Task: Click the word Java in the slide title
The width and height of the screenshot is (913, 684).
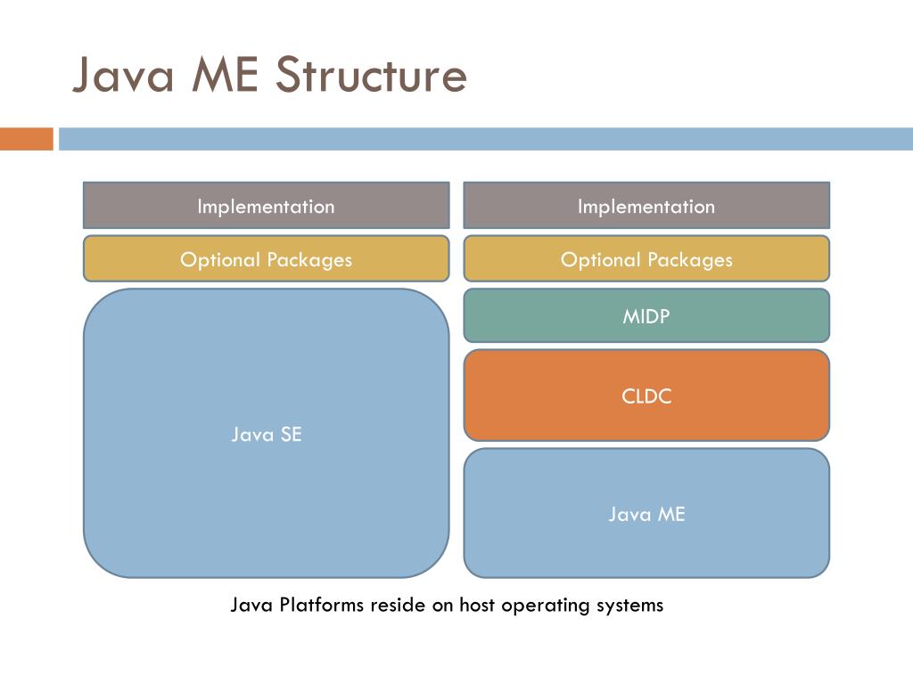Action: pyautogui.click(x=122, y=75)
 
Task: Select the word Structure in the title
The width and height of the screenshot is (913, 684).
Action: pyautogui.click(x=370, y=75)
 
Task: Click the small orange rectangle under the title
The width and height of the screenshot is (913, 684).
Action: pyautogui.click(x=27, y=139)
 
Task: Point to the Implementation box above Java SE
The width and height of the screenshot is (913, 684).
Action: pyautogui.click(x=266, y=206)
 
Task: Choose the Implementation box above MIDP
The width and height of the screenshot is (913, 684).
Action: pyautogui.click(x=646, y=206)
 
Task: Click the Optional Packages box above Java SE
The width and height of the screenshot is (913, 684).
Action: pyautogui.click(x=266, y=259)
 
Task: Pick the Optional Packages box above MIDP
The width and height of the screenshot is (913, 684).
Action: pyautogui.click(x=646, y=259)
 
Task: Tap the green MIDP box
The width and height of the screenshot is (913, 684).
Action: pyautogui.click(x=646, y=315)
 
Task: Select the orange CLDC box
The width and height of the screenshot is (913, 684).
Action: pyautogui.click(x=646, y=395)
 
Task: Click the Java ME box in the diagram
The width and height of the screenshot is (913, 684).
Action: pyautogui.click(x=646, y=513)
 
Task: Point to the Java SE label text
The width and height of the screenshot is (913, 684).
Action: pyautogui.click(x=266, y=435)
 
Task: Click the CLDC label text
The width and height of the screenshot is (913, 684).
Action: pyautogui.click(x=646, y=395)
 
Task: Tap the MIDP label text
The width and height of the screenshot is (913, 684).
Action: pyautogui.click(x=646, y=315)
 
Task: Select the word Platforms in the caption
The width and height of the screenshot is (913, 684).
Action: pyautogui.click(x=321, y=606)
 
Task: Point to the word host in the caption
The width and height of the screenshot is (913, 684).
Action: pyautogui.click(x=478, y=606)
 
